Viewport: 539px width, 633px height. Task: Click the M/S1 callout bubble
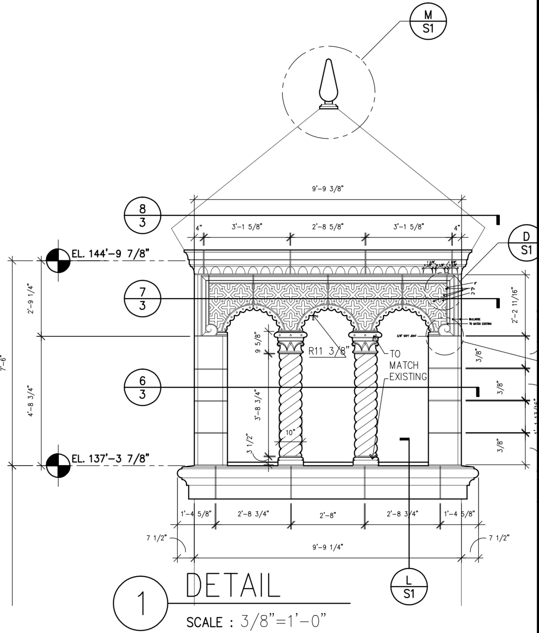point(428,22)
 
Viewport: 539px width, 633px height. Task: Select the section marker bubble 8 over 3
point(142,215)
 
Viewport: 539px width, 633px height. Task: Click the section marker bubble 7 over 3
point(142,298)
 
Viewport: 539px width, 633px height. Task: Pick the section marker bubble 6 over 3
point(142,387)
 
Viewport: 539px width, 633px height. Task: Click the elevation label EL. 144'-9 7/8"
point(110,254)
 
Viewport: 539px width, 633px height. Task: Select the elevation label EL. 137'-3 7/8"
point(110,459)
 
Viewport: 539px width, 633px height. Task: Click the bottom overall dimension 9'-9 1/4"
point(328,547)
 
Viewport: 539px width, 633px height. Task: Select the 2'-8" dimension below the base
point(328,515)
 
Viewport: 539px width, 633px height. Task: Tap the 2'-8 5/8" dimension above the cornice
point(328,227)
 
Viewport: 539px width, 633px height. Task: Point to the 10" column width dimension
point(290,432)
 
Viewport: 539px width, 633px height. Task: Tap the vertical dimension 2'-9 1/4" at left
point(31,298)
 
